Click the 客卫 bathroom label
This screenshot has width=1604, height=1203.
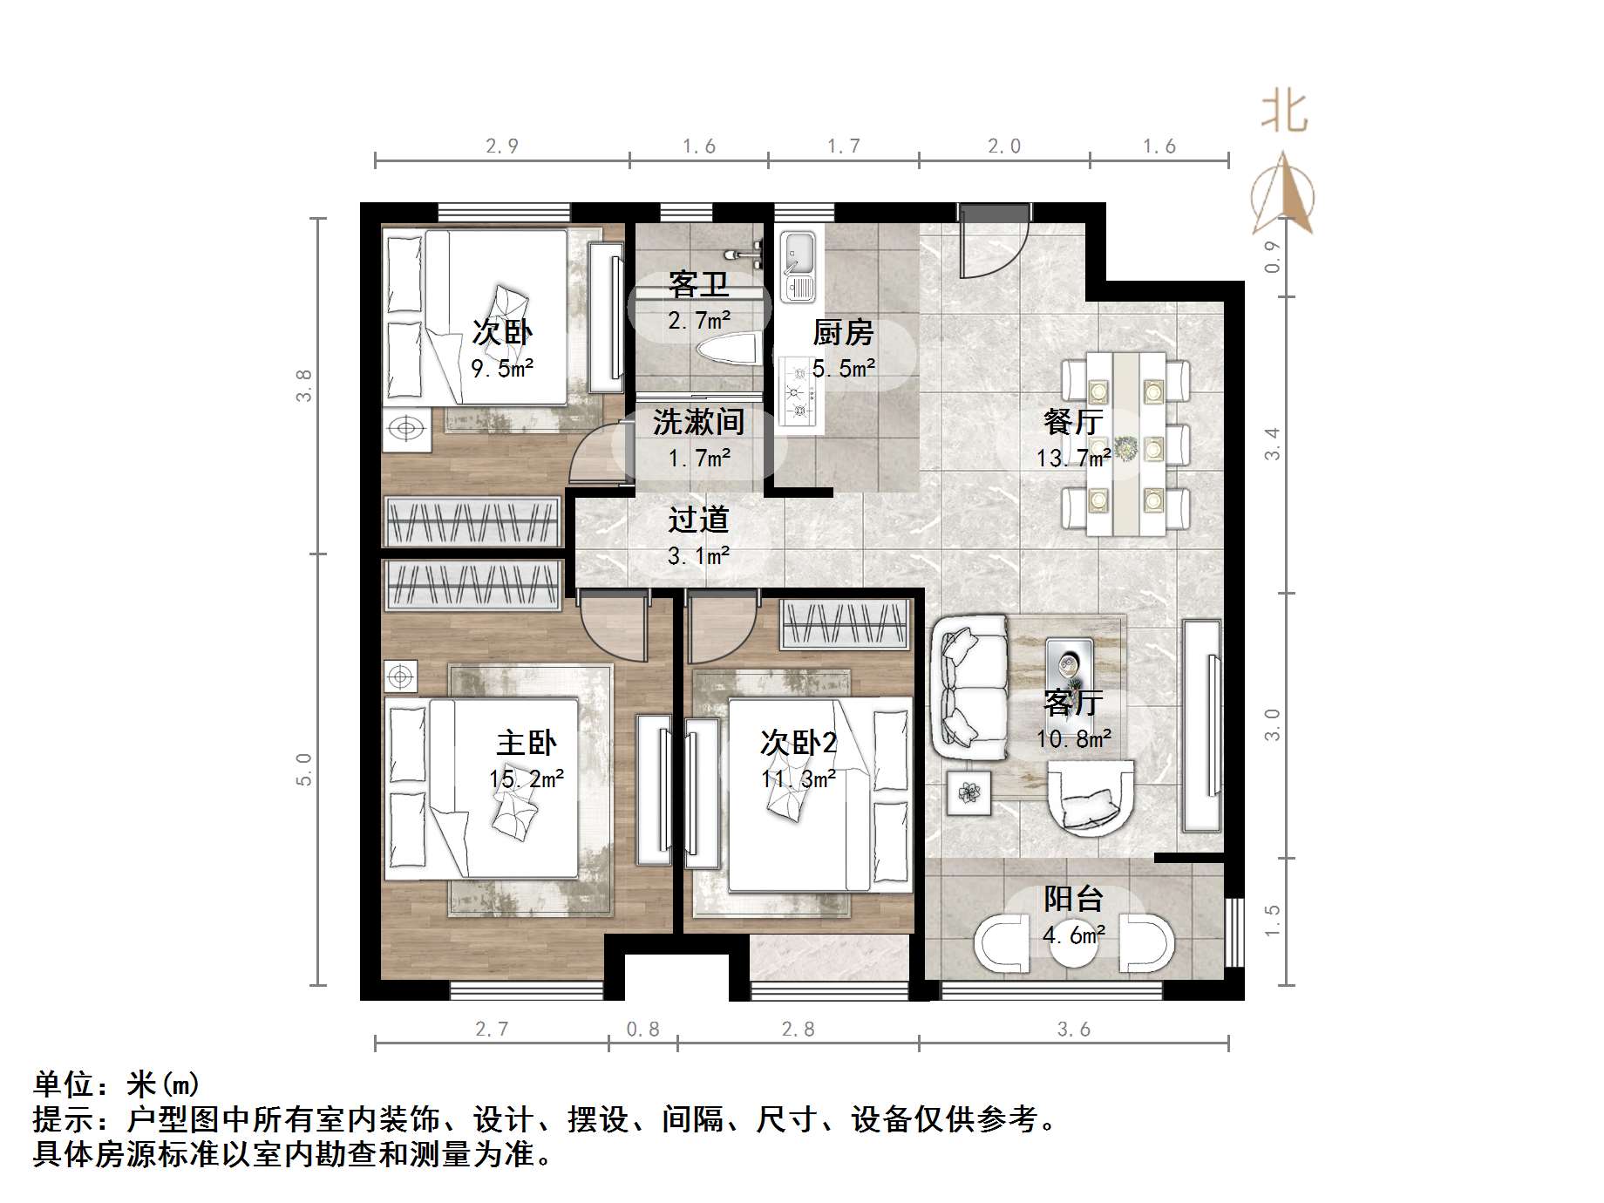[698, 284]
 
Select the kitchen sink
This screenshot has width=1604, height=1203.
[797, 266]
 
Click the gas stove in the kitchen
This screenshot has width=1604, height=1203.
[799, 392]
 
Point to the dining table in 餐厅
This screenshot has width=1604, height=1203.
[1125, 444]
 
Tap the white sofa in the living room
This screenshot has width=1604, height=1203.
[969, 687]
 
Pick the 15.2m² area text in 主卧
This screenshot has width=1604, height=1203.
[526, 778]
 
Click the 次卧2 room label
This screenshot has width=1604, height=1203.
[798, 743]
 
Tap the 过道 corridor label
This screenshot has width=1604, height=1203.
[698, 520]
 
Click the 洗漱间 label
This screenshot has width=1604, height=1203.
[698, 423]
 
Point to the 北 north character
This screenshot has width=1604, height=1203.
[1284, 112]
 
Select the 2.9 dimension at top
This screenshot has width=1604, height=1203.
[502, 146]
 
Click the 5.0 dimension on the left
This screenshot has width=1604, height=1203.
[303, 769]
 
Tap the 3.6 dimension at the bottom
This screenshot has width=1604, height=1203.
[1073, 1030]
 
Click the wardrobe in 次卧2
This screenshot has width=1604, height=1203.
[845, 625]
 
